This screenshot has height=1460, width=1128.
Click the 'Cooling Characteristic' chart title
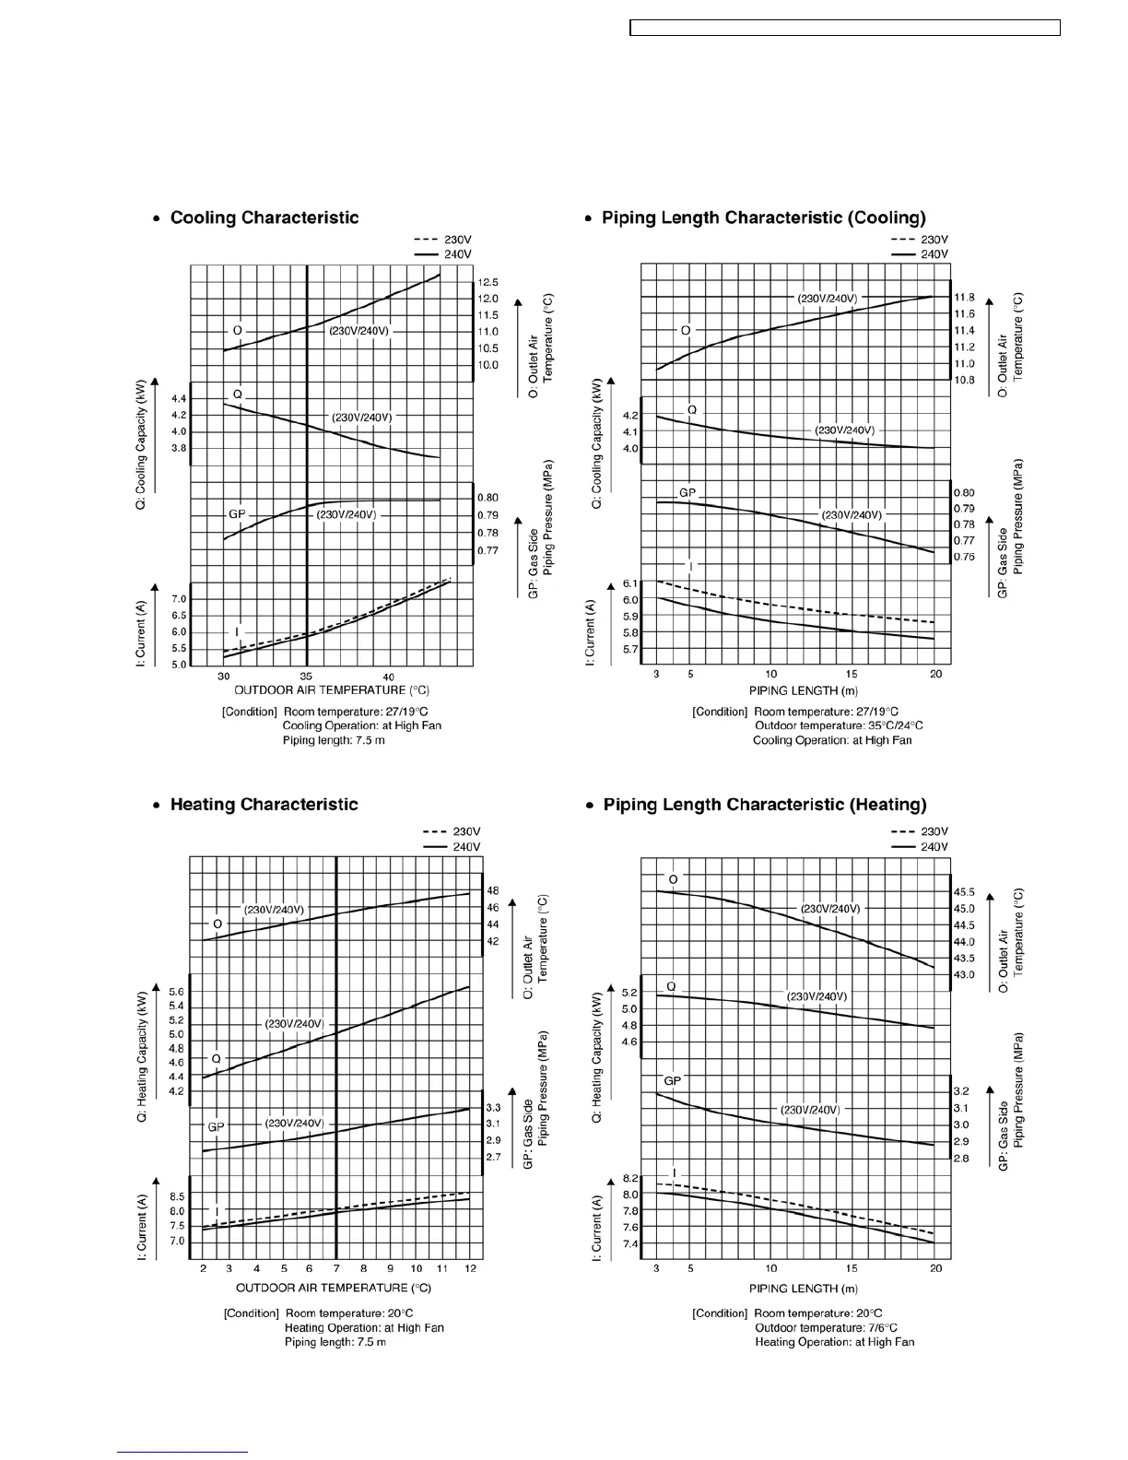point(264,218)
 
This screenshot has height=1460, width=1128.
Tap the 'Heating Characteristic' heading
point(264,805)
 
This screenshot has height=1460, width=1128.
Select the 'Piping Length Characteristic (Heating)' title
point(764,805)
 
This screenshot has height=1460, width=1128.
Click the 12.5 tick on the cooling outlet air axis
point(488,282)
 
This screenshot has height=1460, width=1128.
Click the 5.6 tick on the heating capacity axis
point(176,992)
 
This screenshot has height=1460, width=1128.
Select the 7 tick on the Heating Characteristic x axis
point(336,1269)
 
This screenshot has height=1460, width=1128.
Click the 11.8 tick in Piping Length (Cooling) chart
point(964,298)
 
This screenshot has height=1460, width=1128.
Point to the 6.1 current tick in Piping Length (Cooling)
point(630,583)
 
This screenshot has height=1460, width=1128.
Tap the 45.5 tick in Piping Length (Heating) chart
point(964,892)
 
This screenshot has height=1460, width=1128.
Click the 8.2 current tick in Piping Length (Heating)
point(630,1179)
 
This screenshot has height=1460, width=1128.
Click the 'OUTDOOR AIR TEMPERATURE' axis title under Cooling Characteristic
point(332,690)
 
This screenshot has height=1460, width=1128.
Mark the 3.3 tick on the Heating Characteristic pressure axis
point(493,1107)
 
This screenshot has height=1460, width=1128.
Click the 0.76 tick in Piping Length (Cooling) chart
point(964,557)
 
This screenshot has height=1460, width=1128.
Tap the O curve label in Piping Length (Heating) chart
point(673,880)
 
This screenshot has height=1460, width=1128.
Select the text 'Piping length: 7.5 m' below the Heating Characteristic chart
point(335,1342)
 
